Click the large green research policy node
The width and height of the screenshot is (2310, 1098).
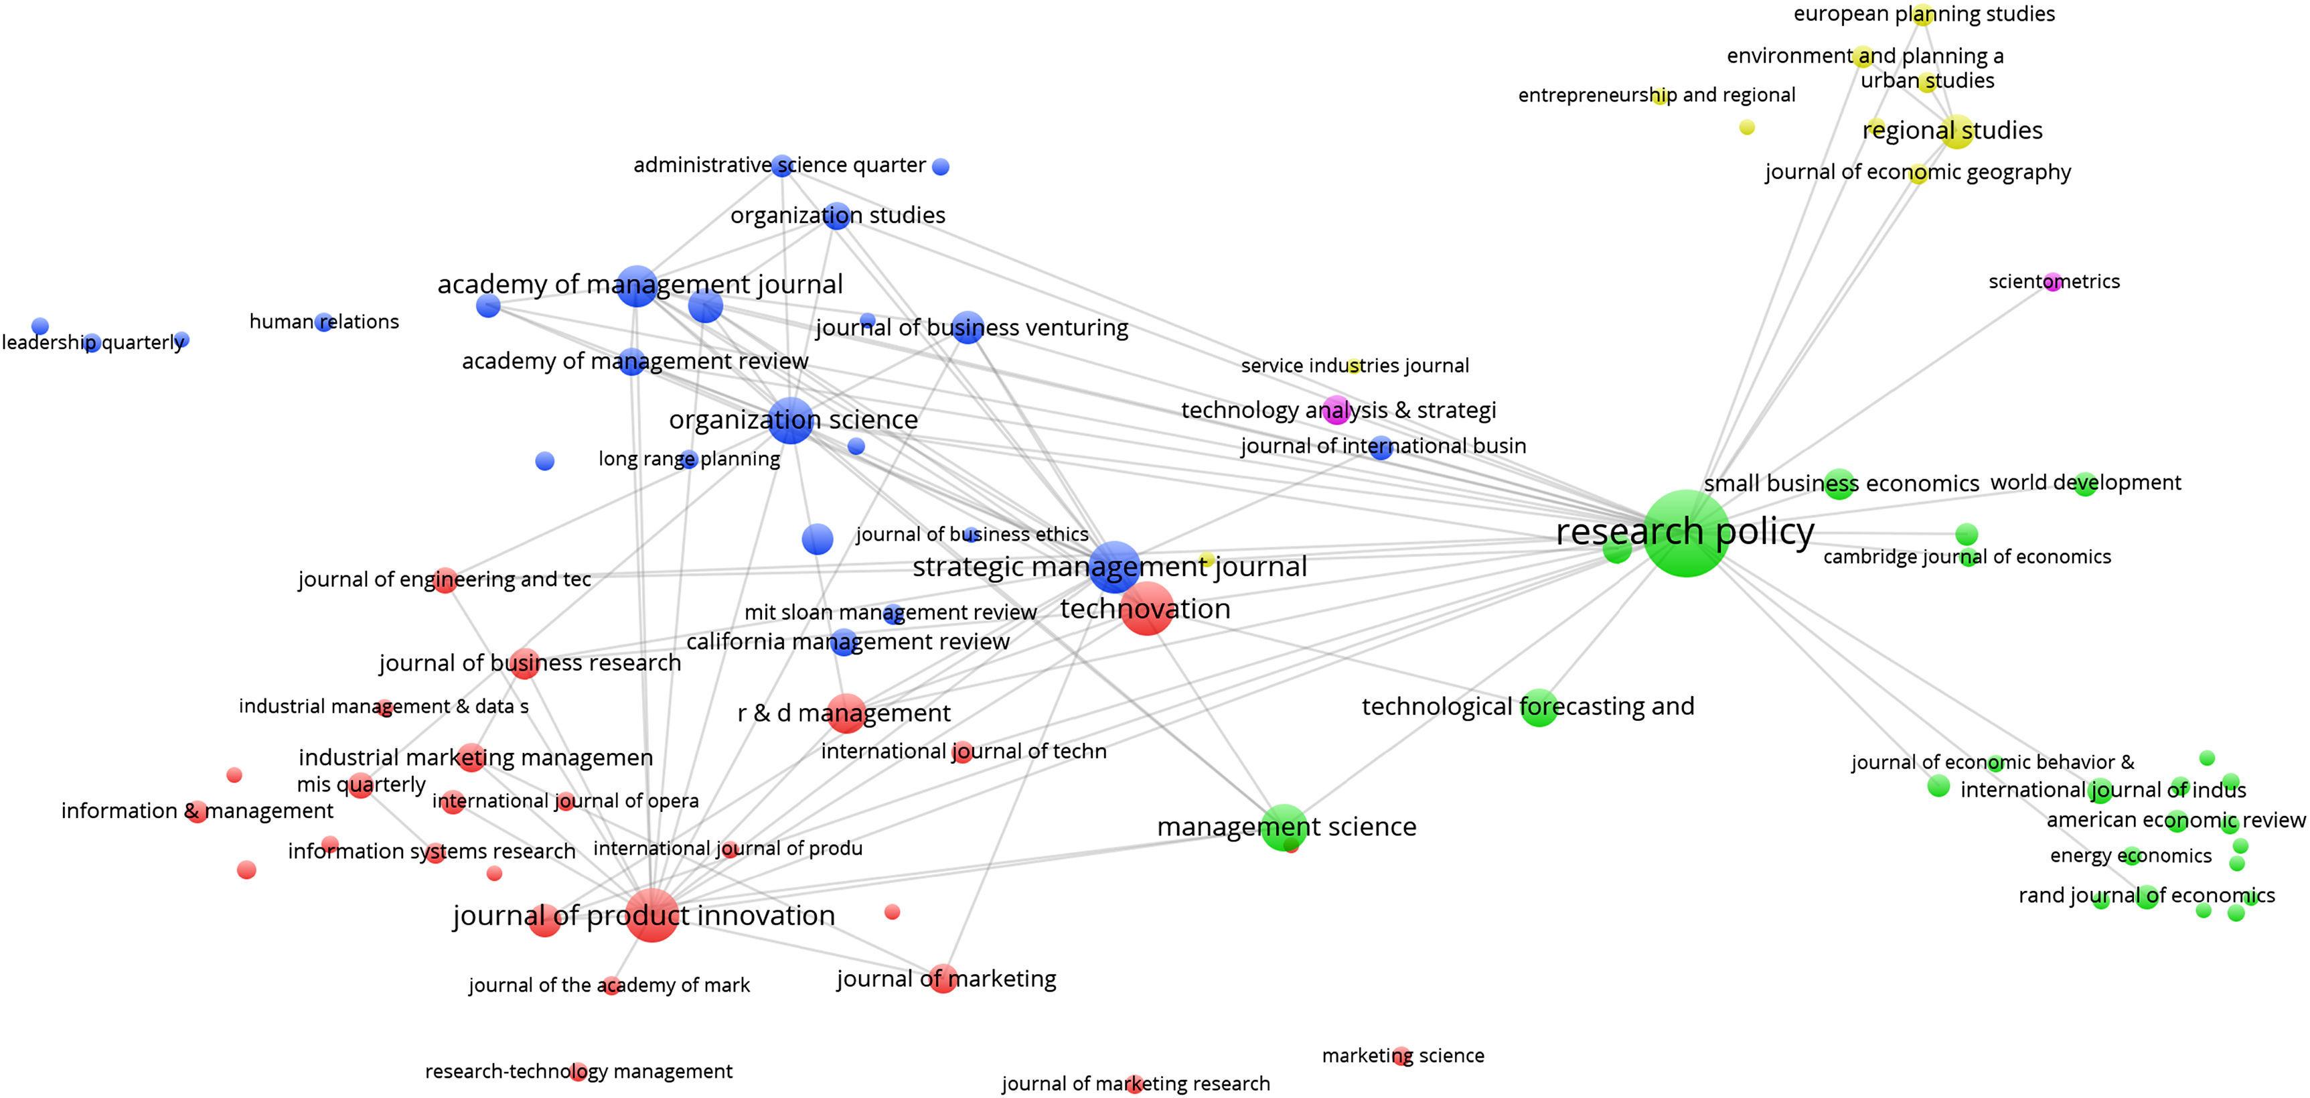[1685, 535]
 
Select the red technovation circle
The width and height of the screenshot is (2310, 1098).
[1147, 609]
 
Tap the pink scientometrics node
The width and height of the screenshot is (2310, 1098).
[2054, 283]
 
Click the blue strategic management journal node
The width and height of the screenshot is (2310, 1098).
[1115, 566]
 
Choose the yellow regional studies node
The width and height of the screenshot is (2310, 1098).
[1956, 132]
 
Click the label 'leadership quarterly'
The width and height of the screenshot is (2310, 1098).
[93, 343]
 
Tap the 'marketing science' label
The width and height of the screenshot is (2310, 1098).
[1403, 1056]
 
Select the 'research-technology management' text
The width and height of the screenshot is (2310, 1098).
[579, 1071]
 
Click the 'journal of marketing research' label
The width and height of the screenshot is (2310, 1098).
[1136, 1084]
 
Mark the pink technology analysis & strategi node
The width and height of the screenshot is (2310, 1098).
[1336, 410]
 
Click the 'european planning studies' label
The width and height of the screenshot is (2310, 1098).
[1924, 14]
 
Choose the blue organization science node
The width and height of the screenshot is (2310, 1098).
[791, 420]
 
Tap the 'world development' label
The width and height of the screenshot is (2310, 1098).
[2085, 482]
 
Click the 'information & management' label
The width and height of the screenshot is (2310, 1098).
[198, 811]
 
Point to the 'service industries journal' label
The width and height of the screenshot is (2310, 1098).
[1354, 366]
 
